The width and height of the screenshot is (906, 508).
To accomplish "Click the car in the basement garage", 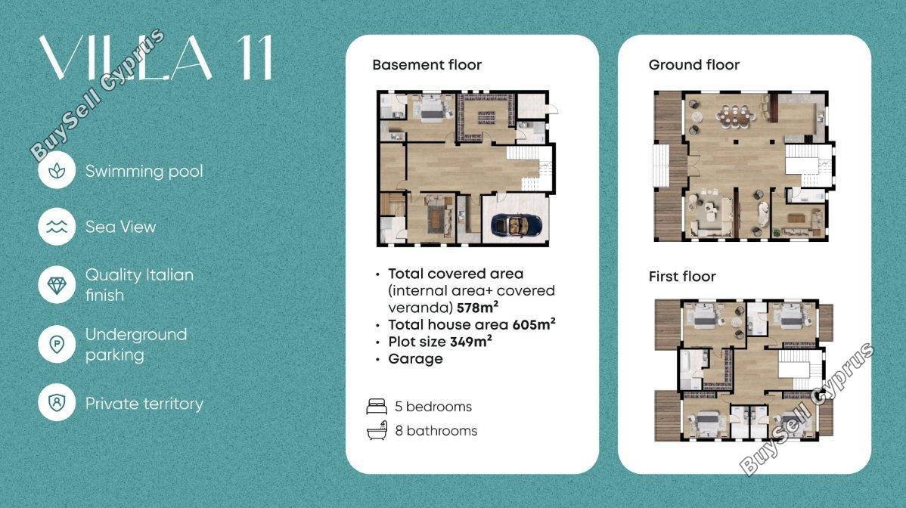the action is pyautogui.click(x=516, y=225).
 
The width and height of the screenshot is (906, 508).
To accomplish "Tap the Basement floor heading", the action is pyautogui.click(x=427, y=65).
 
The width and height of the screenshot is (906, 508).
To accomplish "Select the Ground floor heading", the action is pyautogui.click(x=694, y=65).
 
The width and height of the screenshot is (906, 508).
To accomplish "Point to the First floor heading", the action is pyautogui.click(x=682, y=277).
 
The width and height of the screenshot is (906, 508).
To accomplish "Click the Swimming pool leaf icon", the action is pyautogui.click(x=57, y=170).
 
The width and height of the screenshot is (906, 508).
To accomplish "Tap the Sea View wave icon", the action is pyautogui.click(x=57, y=227).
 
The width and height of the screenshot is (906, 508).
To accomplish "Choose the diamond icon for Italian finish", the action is pyautogui.click(x=57, y=284).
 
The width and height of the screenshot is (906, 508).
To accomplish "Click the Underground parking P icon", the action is pyautogui.click(x=57, y=345).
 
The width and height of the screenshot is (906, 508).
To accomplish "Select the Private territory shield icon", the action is pyautogui.click(x=57, y=402).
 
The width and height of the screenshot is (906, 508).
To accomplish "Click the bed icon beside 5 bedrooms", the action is pyautogui.click(x=377, y=407).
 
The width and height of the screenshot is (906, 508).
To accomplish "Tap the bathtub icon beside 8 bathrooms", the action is pyautogui.click(x=377, y=431).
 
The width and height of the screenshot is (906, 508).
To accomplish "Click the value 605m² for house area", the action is pyautogui.click(x=534, y=324).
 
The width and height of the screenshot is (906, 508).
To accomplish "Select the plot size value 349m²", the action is pyautogui.click(x=471, y=341).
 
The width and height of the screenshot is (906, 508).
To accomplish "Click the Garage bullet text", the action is pyautogui.click(x=415, y=358).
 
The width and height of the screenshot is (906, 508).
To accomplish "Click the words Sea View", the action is pyautogui.click(x=121, y=227).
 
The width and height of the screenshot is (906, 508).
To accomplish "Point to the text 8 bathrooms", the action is pyautogui.click(x=436, y=431).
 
